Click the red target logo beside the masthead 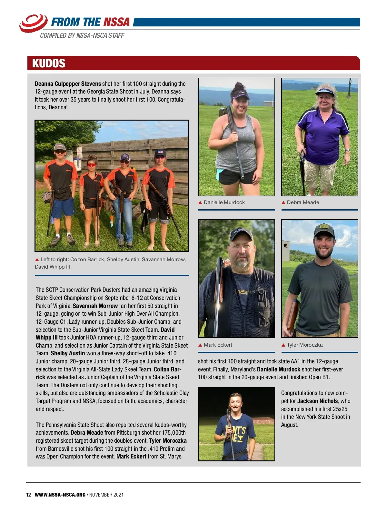point(33,23)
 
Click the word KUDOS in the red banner point(49,63)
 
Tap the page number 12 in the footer point(28,495)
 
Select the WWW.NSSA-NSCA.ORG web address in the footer point(60,495)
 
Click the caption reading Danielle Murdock point(224,202)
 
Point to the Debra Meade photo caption point(303,202)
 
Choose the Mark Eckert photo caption point(218,345)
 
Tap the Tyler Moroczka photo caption point(304,345)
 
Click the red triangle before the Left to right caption point(37,260)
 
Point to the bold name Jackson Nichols point(317,401)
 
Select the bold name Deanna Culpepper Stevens point(68,84)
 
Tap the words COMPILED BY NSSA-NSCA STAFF point(82,35)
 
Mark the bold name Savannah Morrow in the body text point(95,306)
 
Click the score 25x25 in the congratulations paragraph point(340,409)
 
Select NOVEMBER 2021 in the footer point(106,495)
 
